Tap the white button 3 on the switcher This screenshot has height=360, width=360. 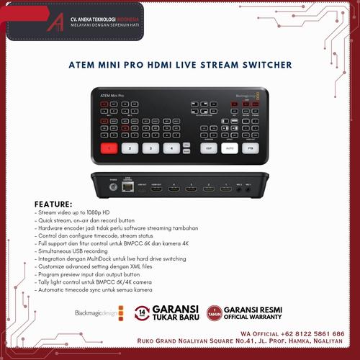pos(150,148)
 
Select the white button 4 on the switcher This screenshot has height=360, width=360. pos(171,148)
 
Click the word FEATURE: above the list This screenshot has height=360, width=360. pos(53,204)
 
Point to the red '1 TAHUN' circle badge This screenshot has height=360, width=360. pos(212,312)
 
